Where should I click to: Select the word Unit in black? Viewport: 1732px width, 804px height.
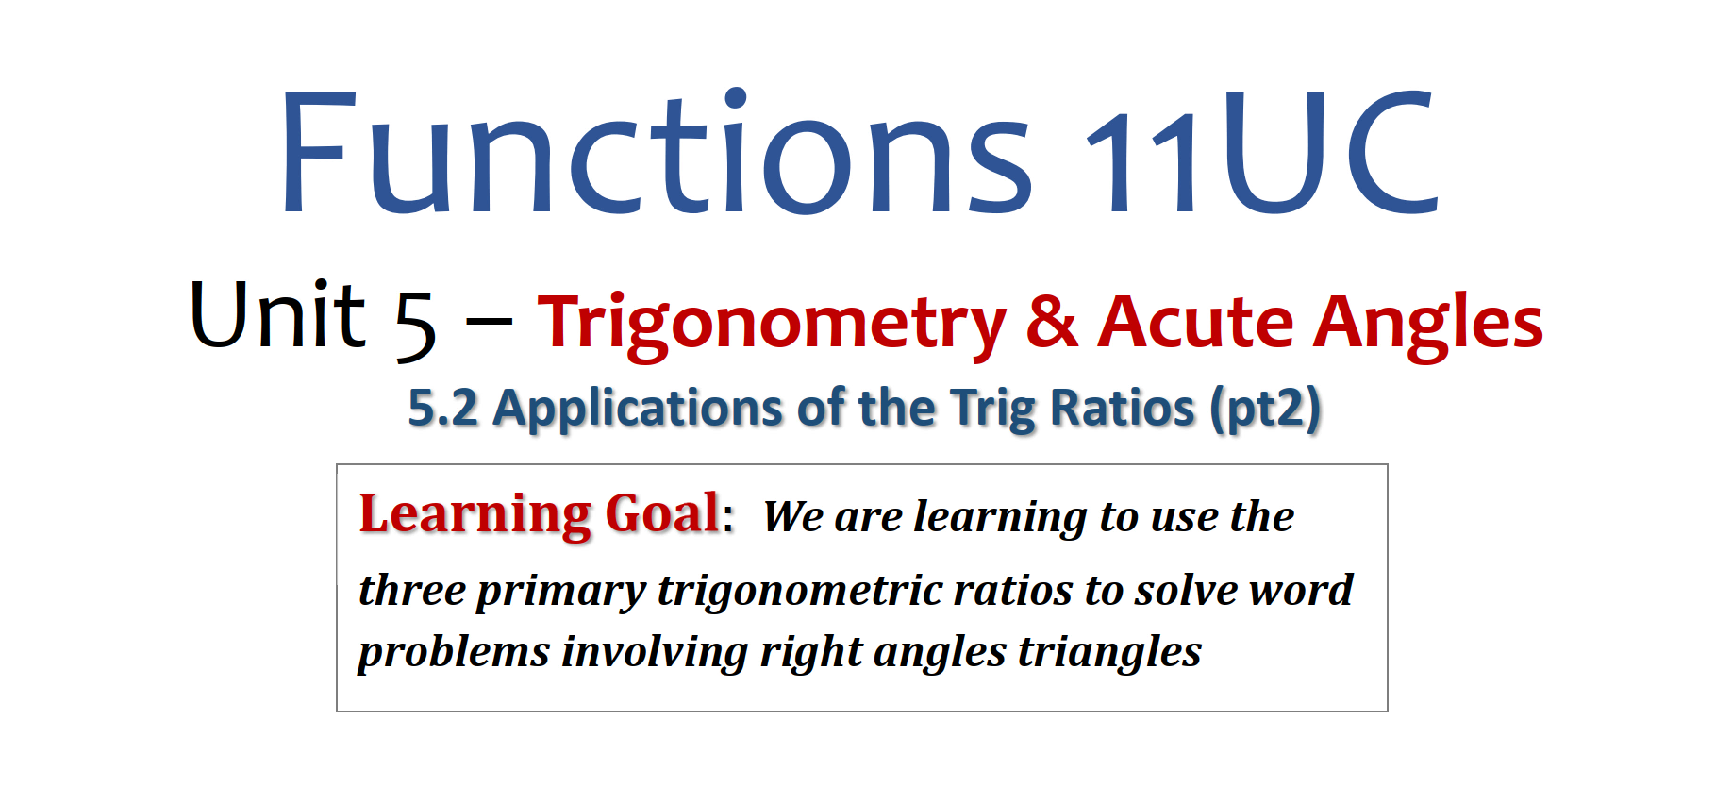(277, 314)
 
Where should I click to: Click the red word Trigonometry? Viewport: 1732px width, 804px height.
(772, 325)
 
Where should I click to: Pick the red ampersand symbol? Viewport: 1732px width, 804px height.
(1052, 321)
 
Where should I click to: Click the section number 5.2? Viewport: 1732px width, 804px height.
(442, 409)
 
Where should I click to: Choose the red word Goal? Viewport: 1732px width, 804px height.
(662, 514)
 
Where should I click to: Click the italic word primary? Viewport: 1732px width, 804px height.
(560, 592)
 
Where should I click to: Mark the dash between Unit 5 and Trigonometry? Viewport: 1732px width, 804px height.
(489, 324)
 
